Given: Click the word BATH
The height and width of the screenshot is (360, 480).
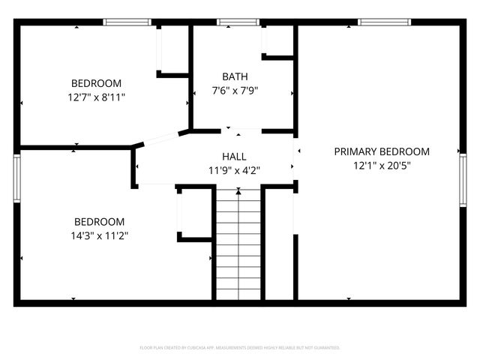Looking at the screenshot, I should point(235,76).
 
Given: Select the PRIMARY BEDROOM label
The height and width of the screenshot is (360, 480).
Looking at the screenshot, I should point(382,151).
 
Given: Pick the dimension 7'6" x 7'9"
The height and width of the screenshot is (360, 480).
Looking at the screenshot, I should point(235,91).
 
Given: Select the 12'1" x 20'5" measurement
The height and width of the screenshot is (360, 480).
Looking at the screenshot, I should point(382,165).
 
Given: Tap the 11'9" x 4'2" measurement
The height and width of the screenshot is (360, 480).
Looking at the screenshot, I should point(235,169).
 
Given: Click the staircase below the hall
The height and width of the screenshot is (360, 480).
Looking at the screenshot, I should point(238,244).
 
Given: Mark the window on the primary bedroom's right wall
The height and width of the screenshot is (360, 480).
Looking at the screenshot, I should point(462,178).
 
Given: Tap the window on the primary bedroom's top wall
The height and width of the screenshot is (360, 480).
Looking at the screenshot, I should point(379,22).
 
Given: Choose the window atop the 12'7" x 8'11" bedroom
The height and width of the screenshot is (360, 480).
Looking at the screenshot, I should point(127,22).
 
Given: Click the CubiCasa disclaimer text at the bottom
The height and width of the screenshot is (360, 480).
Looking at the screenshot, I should point(240,347).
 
